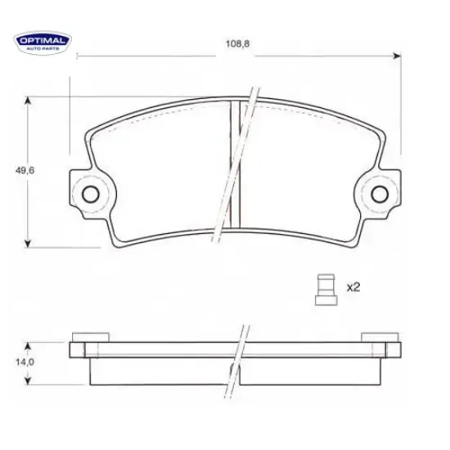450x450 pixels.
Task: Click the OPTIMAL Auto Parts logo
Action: click(x=43, y=42)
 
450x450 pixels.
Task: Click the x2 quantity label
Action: click(x=353, y=287)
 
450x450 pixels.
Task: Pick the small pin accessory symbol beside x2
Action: click(x=325, y=288)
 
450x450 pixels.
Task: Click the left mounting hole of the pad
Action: click(x=90, y=194)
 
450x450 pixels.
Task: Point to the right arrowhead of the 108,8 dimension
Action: click(x=398, y=56)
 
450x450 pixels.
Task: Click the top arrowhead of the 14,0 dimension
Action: click(x=29, y=346)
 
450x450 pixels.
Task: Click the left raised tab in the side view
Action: click(x=90, y=337)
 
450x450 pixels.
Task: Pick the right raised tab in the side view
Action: click(x=380, y=337)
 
